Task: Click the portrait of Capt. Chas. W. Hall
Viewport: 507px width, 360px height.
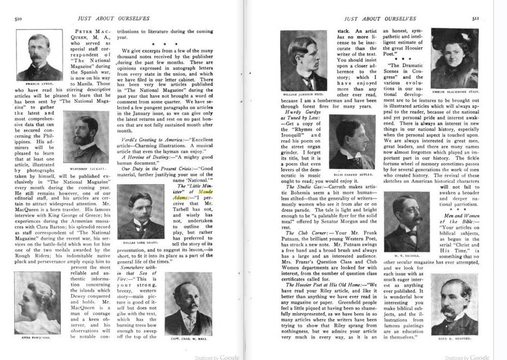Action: point(188,300)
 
